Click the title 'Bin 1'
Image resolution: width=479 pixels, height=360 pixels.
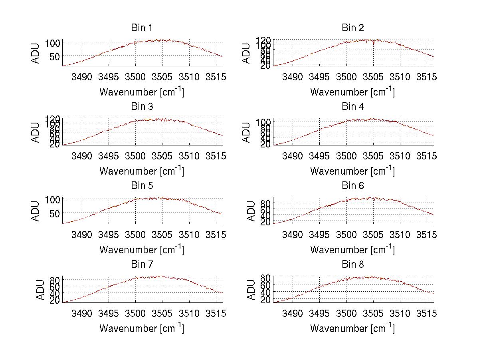(x=142, y=28)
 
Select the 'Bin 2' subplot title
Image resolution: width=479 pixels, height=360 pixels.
(x=353, y=28)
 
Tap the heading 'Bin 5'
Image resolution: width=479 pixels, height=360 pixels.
(x=142, y=185)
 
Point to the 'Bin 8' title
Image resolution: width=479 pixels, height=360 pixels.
(x=353, y=264)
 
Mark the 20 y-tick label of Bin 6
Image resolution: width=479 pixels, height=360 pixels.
(x=265, y=222)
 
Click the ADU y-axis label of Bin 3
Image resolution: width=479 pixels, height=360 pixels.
(x=36, y=132)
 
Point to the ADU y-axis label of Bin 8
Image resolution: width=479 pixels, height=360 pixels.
(x=251, y=290)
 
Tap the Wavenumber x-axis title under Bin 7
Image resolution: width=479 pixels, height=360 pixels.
(x=142, y=328)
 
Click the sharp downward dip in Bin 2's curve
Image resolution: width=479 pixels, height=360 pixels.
(x=374, y=44)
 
